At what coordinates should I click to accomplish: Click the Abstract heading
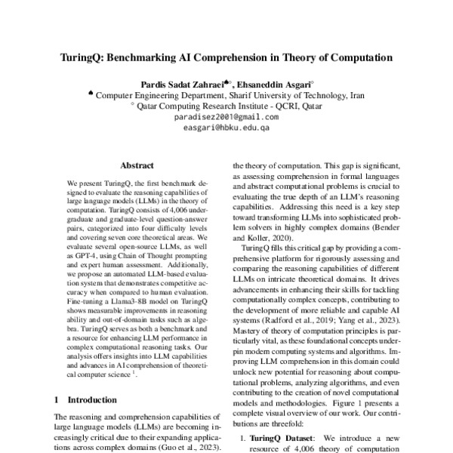coord(137,165)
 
